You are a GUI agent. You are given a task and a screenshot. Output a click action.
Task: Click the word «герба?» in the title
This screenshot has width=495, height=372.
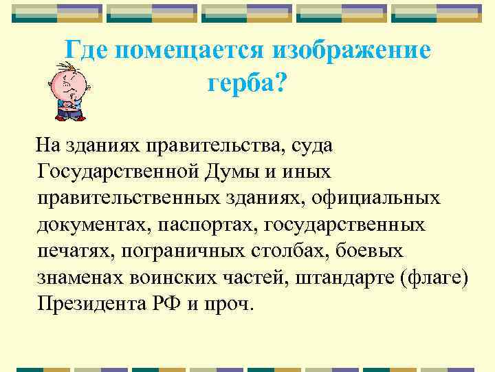[248, 83]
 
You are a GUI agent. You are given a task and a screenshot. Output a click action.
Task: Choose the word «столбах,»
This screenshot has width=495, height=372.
[289, 251]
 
